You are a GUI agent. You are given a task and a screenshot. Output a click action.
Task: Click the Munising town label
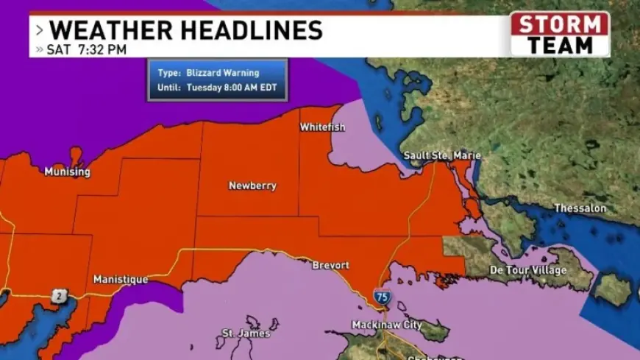click(x=67, y=172)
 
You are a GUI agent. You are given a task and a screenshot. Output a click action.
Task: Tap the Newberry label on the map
click(x=252, y=186)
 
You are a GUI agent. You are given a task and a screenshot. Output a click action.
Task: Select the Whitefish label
click(x=322, y=127)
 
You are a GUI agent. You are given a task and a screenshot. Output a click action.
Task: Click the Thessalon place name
click(x=580, y=208)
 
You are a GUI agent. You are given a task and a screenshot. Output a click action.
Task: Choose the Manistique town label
click(x=121, y=280)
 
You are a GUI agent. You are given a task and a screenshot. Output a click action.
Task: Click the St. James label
click(x=246, y=333)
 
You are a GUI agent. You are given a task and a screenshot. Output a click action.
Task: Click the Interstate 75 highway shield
click(x=382, y=297)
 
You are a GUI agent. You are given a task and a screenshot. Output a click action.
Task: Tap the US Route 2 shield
click(x=58, y=296)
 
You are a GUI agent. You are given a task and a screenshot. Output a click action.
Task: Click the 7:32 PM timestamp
click(x=107, y=50)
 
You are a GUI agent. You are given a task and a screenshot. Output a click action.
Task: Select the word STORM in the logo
click(x=560, y=24)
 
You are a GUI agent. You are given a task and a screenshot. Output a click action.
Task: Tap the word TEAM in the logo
click(x=560, y=44)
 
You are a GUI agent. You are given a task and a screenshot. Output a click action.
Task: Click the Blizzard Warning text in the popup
click(x=218, y=73)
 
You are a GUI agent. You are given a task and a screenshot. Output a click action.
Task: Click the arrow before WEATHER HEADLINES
click(x=38, y=31)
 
